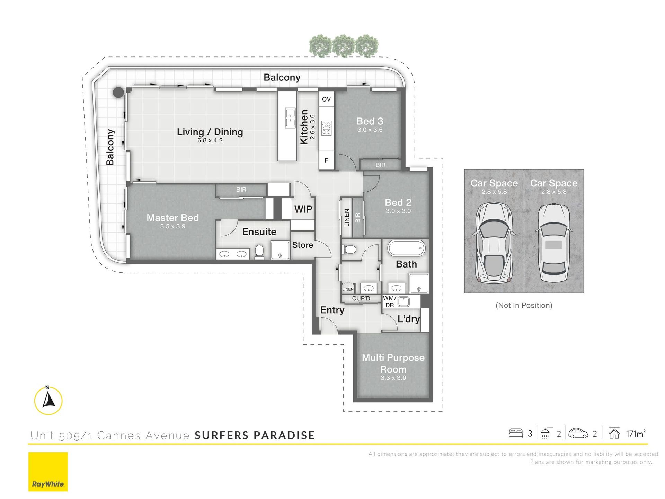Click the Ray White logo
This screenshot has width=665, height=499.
point(48,472)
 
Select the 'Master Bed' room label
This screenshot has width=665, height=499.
point(172,218)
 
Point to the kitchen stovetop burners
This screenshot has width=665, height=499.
point(326,128)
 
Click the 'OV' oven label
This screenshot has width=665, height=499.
point(326,99)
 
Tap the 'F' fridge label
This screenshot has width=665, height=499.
point(326,160)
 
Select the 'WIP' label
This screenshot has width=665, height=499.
point(303,209)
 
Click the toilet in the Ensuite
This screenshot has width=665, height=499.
point(259,252)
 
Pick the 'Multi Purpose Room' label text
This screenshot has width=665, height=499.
point(393,364)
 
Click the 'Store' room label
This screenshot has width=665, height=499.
point(302,245)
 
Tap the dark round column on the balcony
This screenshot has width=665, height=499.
point(118,92)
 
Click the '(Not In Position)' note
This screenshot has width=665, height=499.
point(524,305)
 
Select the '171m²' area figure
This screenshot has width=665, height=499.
point(636,434)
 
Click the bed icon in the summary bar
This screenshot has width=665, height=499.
point(516,433)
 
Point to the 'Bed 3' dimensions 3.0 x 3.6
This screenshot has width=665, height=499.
point(370,130)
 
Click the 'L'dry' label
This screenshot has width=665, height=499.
point(408,319)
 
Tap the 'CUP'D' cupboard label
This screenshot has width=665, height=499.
point(361,298)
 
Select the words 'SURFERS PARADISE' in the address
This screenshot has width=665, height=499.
point(255,435)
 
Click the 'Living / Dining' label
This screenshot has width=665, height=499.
point(210,132)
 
